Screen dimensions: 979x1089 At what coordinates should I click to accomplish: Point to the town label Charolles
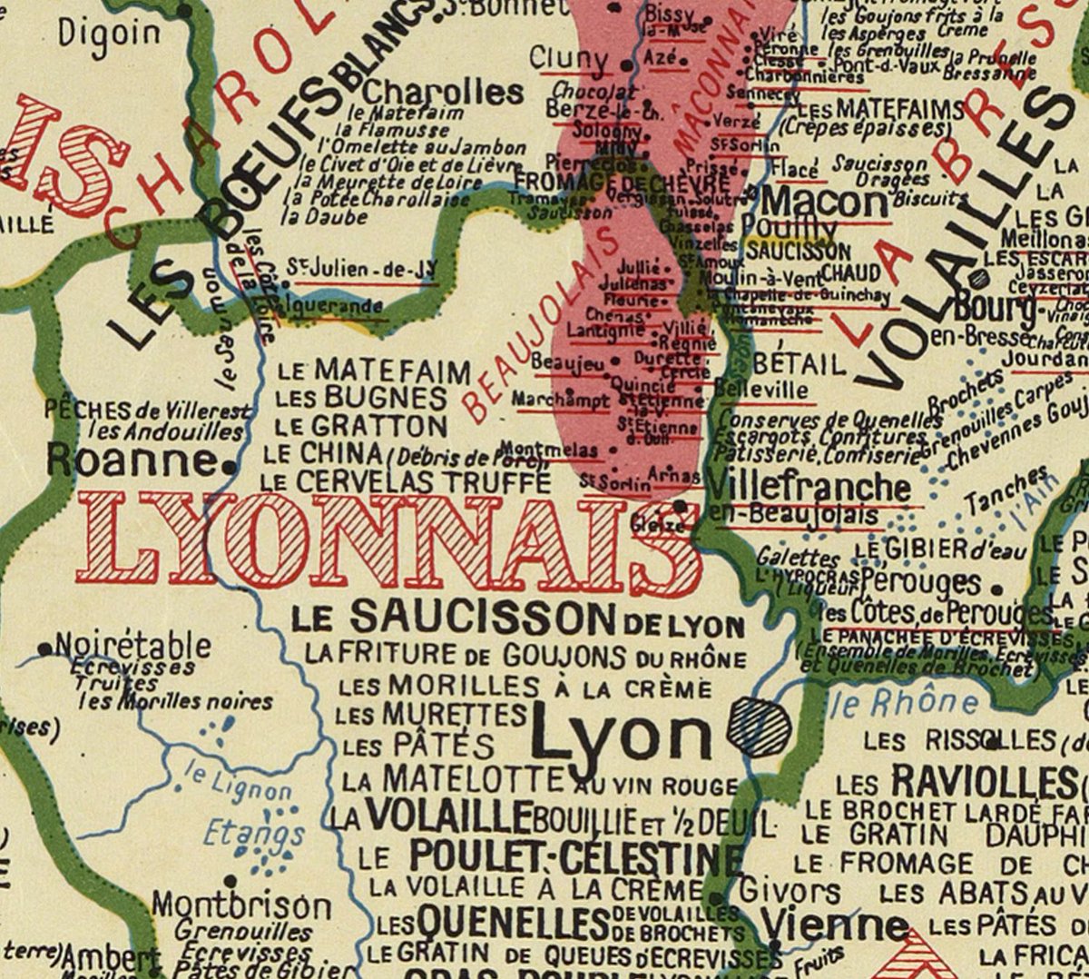coord(443,92)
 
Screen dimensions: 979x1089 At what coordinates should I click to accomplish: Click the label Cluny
coord(568,59)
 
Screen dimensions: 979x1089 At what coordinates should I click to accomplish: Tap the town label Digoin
coord(109,34)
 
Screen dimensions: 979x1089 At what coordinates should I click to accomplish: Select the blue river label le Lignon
coord(237,782)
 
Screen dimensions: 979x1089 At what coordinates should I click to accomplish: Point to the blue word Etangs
coord(241,833)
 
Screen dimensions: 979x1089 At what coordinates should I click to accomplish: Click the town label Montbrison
coord(241,905)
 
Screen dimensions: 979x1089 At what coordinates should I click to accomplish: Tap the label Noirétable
coord(132,647)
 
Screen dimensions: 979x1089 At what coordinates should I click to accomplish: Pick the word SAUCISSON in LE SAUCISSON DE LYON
coord(482,618)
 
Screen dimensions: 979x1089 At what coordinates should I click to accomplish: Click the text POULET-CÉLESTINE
coord(575,856)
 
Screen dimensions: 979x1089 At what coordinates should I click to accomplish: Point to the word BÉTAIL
coord(800,364)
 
